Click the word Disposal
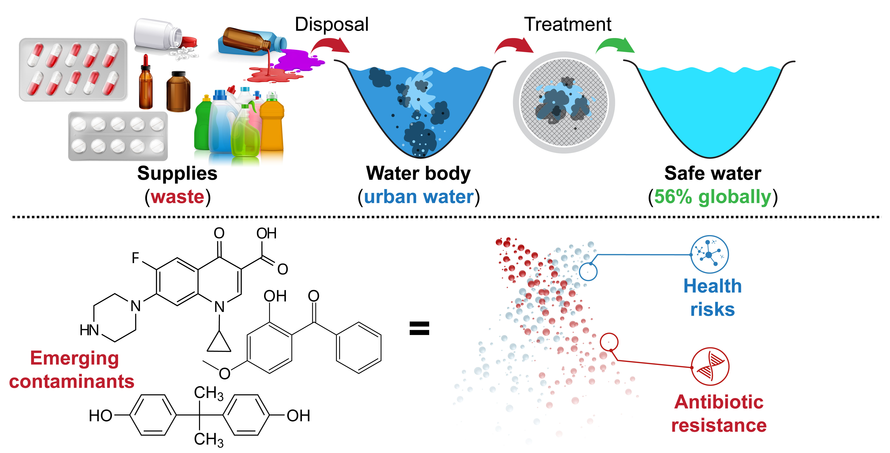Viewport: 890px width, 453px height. tap(332, 24)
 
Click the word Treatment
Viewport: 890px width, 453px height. tap(568, 24)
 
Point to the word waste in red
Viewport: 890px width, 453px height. tap(177, 197)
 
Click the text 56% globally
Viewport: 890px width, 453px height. tap(713, 197)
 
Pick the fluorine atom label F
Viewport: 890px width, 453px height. tap(135, 258)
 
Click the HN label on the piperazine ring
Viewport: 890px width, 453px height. tap(89, 330)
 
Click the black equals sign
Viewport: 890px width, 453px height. tap(419, 328)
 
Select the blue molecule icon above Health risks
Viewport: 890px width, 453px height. tap(709, 255)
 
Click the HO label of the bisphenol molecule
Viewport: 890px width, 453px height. tap(101, 416)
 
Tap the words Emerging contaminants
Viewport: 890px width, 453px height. tap(72, 370)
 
